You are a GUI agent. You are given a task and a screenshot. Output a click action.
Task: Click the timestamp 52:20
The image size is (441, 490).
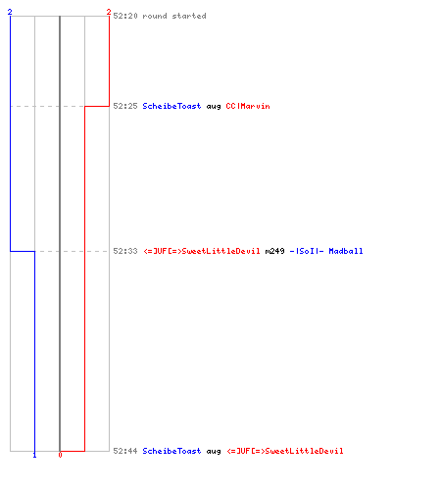[125, 16]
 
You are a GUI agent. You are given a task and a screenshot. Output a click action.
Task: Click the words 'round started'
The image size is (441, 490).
[174, 16]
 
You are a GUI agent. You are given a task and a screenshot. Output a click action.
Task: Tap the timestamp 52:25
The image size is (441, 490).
[125, 106]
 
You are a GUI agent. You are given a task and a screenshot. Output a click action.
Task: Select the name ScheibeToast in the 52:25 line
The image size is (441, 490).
[171, 106]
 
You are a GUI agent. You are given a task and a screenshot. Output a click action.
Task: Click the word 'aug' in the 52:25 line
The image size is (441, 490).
[214, 107]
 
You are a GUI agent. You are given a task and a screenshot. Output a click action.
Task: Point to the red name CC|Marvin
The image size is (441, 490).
[248, 106]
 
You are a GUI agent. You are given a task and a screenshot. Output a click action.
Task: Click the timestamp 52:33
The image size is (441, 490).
[125, 251]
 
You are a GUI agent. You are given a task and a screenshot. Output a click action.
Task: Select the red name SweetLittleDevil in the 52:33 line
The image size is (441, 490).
[202, 251]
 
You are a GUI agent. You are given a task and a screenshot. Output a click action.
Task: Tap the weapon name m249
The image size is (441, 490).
[275, 251]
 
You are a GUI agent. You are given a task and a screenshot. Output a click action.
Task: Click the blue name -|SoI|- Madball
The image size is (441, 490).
[326, 251]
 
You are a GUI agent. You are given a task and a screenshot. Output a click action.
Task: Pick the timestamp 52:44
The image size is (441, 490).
[125, 451]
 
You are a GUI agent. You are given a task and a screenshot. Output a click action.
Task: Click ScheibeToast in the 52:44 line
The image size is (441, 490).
[171, 451]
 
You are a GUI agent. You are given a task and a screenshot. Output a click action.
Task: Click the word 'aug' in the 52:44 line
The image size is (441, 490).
[214, 452]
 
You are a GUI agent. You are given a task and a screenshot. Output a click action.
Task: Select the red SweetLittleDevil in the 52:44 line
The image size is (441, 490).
[285, 451]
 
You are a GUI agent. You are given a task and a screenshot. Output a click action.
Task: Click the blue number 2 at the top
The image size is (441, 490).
[10, 12]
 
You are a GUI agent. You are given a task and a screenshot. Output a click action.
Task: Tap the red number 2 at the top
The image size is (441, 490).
[109, 12]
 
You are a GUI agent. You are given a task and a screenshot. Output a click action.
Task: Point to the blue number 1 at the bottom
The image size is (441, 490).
[34, 455]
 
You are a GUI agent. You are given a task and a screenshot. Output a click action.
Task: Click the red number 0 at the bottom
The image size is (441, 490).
[60, 455]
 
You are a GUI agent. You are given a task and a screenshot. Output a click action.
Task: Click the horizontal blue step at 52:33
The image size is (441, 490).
[23, 251]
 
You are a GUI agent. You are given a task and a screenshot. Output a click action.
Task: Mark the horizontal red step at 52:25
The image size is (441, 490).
[97, 106]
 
